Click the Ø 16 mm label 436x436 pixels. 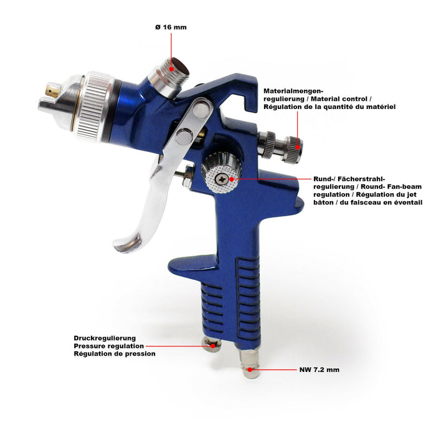point(171,27)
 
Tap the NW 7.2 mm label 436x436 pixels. point(319,370)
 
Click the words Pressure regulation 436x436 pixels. point(109,346)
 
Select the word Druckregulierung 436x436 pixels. point(105,338)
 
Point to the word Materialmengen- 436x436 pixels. point(293,91)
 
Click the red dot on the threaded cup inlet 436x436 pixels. point(171,69)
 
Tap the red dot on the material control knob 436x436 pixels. point(297,147)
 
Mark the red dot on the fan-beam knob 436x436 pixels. point(232,179)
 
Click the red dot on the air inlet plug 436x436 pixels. point(250,369)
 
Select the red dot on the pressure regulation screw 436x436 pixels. point(213,346)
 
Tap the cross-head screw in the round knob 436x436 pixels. point(222,179)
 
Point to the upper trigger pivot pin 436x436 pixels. point(201,109)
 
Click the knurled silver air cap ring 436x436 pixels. point(93,106)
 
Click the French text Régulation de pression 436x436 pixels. point(115,354)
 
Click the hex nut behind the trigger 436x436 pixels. point(188,176)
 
